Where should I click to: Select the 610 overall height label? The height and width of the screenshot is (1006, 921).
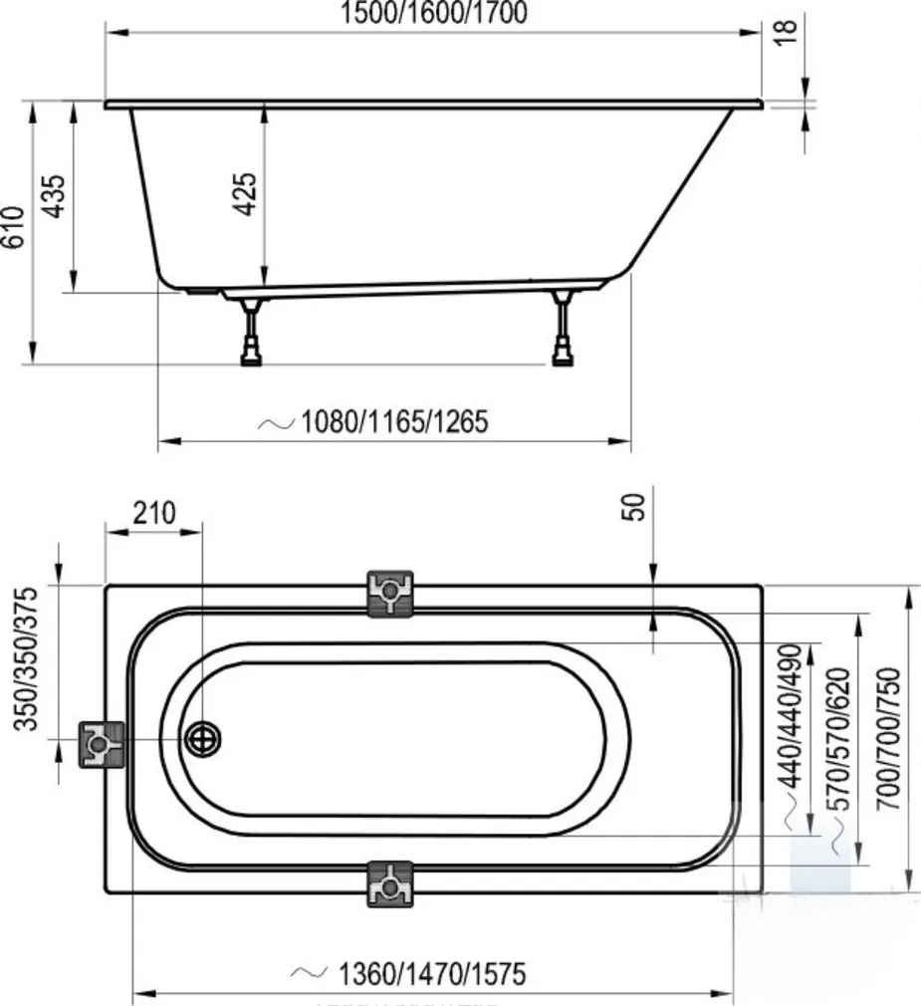click(x=13, y=230)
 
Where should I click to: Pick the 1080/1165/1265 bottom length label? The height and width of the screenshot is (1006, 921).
click(x=394, y=421)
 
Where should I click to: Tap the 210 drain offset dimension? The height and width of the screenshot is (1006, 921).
click(x=153, y=513)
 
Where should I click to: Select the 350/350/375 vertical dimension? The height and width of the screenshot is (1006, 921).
click(x=30, y=658)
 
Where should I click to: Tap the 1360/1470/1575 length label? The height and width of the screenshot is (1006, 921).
click(x=431, y=972)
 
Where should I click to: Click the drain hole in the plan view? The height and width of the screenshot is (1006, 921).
click(x=204, y=740)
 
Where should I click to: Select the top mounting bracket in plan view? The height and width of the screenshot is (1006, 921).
click(x=390, y=595)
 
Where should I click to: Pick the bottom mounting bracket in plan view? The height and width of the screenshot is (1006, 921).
click(x=390, y=883)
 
